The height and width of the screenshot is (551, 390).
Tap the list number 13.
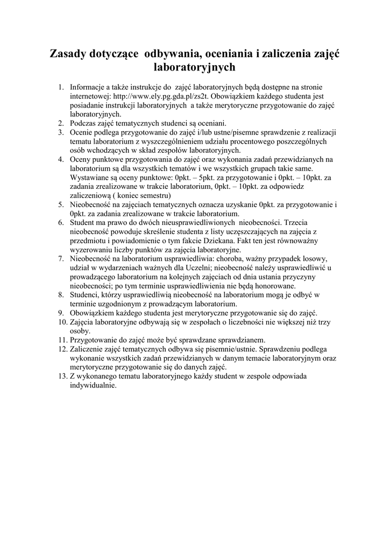pos(62,377)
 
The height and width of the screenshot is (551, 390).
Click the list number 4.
pos(62,159)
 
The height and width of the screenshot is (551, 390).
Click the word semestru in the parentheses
pos(156,195)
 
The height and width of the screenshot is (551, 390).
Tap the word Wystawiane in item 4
pos(90,177)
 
